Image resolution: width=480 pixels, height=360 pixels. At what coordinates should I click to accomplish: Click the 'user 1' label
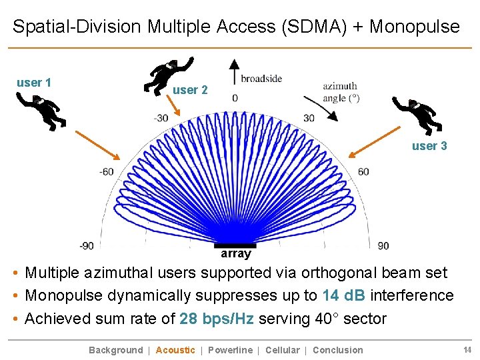click(34, 83)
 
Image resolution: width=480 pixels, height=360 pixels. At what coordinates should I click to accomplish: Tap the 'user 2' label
click(190, 90)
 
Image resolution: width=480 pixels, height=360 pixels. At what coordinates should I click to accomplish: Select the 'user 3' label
click(429, 146)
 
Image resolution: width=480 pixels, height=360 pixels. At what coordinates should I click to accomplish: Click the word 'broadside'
click(261, 79)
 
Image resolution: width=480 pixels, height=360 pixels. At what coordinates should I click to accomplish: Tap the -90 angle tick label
click(86, 245)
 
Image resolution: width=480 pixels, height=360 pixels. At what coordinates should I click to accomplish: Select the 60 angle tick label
click(363, 172)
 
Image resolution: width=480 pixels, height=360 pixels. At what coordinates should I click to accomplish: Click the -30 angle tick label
click(161, 119)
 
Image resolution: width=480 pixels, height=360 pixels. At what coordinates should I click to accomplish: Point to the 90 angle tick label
click(383, 245)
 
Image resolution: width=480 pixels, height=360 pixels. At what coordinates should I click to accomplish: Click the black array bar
click(235, 245)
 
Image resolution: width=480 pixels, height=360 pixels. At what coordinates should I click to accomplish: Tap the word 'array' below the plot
click(236, 254)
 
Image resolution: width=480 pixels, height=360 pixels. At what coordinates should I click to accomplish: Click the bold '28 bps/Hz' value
click(217, 319)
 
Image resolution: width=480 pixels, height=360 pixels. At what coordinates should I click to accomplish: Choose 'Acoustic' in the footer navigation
click(175, 350)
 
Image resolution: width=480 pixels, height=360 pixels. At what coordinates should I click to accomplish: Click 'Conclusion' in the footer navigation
click(338, 350)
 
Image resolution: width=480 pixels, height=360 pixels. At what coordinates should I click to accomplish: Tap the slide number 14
click(467, 349)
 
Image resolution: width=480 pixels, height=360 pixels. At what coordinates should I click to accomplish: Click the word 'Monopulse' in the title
click(414, 27)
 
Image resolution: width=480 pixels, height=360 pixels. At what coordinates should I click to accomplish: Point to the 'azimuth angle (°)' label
click(341, 92)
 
